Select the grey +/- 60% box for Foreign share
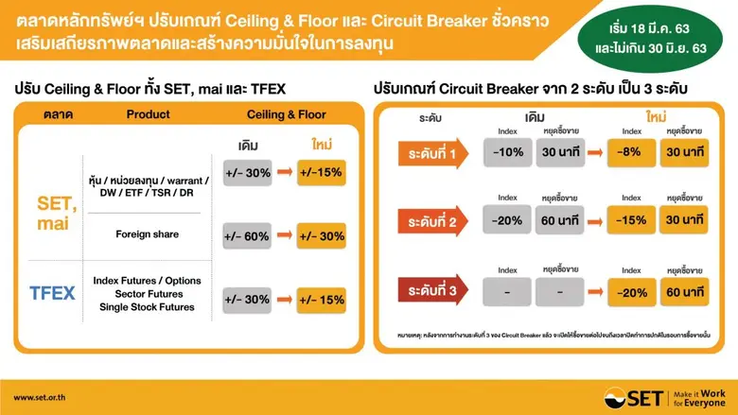(248, 235)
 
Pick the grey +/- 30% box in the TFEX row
(248, 300)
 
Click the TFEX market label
(52, 292)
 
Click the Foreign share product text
(149, 233)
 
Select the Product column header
(149, 115)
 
